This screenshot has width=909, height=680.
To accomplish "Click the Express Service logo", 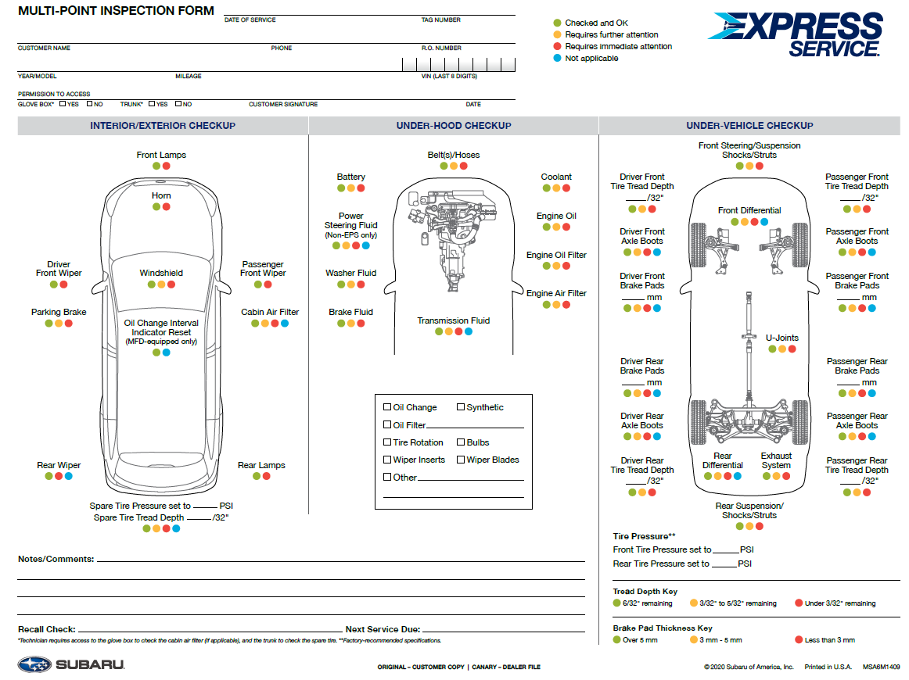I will point(796,34).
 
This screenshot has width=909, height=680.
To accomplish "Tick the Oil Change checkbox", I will point(387,407).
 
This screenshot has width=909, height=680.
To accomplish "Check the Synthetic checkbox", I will point(461,407).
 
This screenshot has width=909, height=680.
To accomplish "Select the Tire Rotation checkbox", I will point(387,442).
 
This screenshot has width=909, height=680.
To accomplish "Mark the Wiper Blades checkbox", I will point(461,460).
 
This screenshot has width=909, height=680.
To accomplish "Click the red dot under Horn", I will point(167,207).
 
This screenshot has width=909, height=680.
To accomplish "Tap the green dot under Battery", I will point(340,188).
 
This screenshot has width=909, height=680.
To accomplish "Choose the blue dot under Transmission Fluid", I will point(469,332).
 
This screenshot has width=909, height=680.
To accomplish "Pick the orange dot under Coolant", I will point(556,188).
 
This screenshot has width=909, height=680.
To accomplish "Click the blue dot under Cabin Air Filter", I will point(285,324).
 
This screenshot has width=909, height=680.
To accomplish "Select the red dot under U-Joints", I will point(792,349).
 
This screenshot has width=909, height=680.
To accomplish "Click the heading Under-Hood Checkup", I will point(454,126).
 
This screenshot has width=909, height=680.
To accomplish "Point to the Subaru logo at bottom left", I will point(70,665).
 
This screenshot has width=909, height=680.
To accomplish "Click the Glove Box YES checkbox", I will point(63,103).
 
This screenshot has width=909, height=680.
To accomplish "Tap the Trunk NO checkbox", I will point(178,103).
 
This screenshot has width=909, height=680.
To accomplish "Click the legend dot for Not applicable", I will point(557,59).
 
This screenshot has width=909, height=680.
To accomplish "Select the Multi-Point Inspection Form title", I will point(116,12).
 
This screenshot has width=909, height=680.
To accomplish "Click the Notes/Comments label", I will point(56,559).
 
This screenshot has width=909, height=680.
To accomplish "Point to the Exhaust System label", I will point(776,460).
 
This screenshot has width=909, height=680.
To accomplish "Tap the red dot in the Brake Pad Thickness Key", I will point(799,640).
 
